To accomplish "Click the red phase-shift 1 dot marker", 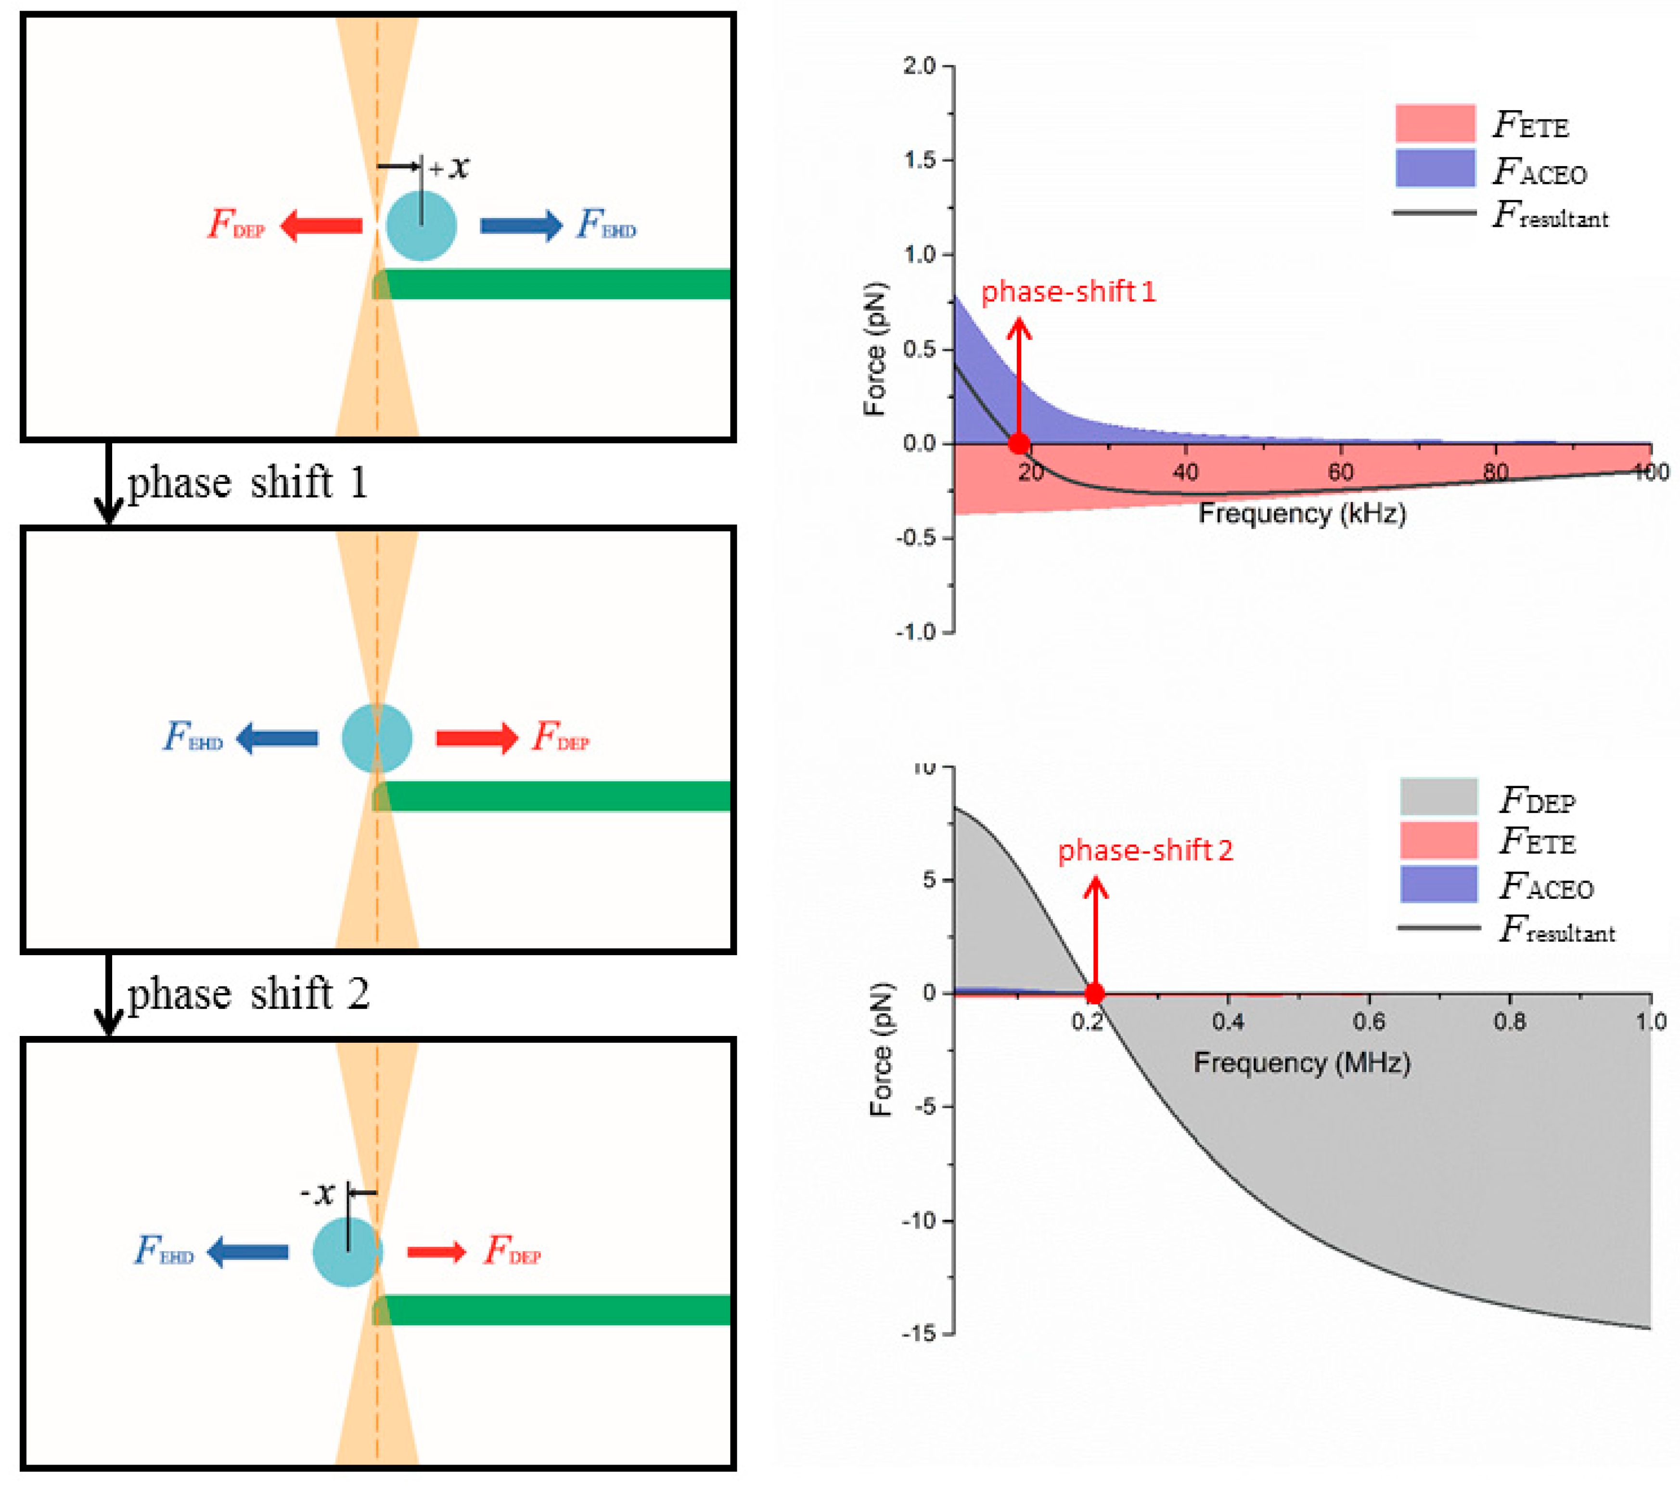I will pyautogui.click(x=1018, y=444).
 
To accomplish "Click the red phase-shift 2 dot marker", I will pyautogui.click(x=1094, y=993).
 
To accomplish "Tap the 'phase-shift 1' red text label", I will pyautogui.click(x=1068, y=292).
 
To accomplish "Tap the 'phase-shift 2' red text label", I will pyautogui.click(x=1145, y=850).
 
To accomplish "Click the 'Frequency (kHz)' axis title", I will pyautogui.click(x=1302, y=513).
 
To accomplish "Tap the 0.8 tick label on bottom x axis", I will pyautogui.click(x=1509, y=1022).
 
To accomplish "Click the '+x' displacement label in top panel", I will pyautogui.click(x=449, y=167).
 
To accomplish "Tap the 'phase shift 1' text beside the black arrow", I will pyautogui.click(x=246, y=482).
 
